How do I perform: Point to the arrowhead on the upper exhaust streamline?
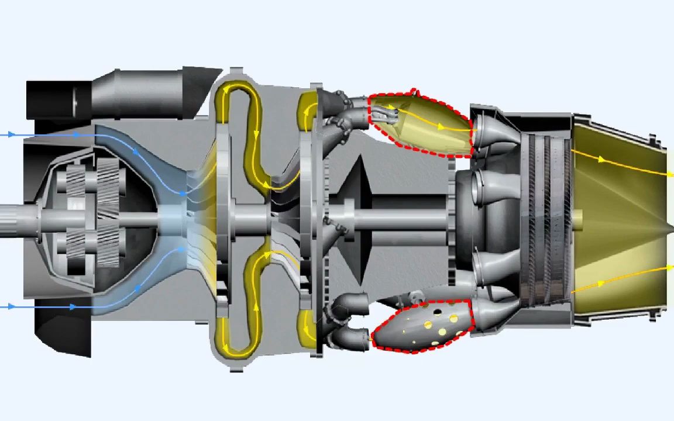pos(601,158)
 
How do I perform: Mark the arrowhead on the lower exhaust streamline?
pos(601,284)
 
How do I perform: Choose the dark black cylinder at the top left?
pos(59,99)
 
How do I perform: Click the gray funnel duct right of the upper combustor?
pos(494,134)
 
